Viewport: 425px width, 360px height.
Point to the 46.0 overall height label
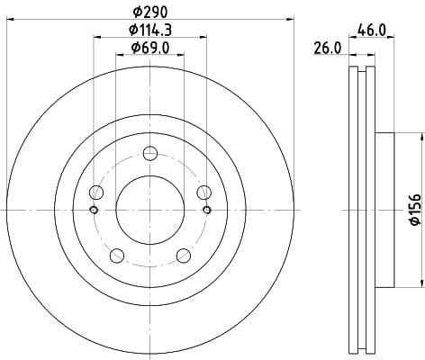coord(372,30)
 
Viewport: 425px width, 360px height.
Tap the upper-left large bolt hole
coord(95,191)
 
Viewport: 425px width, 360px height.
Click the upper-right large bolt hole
coord(204,191)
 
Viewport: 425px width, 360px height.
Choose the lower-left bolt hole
coord(116,255)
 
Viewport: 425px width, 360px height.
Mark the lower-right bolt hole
coord(184,255)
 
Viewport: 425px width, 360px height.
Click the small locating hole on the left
coord(94,210)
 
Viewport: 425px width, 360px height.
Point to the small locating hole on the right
coord(207,210)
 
